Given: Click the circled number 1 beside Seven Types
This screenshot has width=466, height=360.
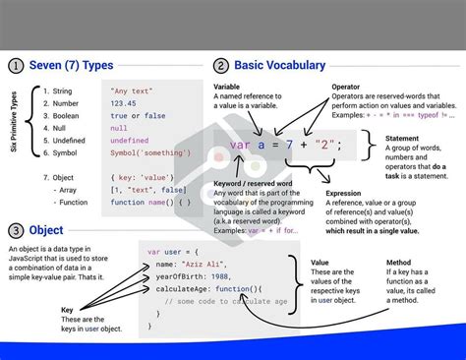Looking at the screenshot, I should coord(16,66).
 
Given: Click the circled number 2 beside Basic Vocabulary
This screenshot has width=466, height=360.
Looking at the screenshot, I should coord(221,66).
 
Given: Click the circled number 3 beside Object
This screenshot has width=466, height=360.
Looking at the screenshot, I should coord(16,230).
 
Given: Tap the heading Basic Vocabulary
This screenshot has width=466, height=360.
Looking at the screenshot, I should coord(280,66).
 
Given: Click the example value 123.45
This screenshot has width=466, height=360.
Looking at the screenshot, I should coord(123,102).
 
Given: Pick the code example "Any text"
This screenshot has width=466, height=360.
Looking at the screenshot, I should coord(131,90).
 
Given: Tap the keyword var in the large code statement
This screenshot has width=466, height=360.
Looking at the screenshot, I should coord(239,146).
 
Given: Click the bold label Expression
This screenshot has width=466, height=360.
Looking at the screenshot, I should coord(346,194).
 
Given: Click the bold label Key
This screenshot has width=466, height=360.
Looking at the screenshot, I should coord(67,309).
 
